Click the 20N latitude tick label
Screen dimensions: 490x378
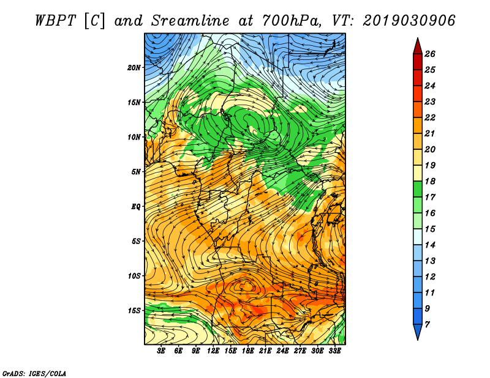click(134, 68)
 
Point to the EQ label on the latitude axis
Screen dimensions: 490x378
click(135, 207)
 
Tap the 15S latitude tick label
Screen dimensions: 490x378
click(134, 311)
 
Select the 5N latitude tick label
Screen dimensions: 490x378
click(136, 172)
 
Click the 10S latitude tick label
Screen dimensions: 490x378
click(134, 276)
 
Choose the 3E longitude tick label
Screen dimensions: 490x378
click(161, 351)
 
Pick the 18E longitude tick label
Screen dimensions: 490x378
click(248, 351)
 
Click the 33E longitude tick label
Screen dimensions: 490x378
click(334, 351)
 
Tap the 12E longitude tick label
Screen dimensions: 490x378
click(213, 351)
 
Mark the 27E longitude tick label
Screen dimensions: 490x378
click(300, 351)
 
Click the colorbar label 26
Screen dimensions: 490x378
click(430, 54)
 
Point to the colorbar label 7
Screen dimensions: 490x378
click(427, 325)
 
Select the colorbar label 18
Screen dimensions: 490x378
click(430, 181)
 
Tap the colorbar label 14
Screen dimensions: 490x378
click(430, 245)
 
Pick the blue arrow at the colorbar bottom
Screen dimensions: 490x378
click(418, 331)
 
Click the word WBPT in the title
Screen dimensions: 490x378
click(56, 21)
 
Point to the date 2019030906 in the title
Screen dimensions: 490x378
click(409, 21)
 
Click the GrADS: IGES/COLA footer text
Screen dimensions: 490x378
click(34, 374)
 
